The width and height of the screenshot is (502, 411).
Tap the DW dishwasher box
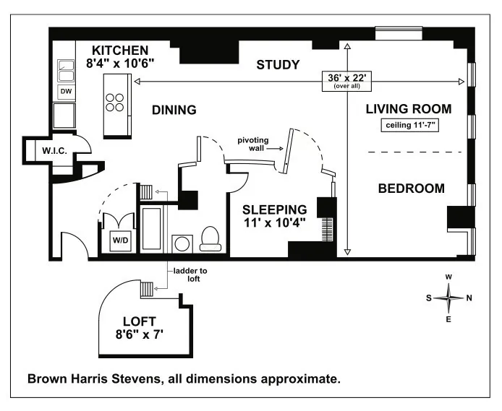[x=65, y=92]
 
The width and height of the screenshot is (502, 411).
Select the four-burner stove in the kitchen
[x=115, y=101]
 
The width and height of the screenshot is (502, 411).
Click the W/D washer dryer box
[x=118, y=241]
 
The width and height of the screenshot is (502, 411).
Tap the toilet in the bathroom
[x=210, y=238]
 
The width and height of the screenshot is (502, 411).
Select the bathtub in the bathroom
[x=153, y=230]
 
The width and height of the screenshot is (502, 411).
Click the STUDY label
[x=278, y=65]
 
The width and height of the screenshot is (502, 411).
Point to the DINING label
[x=174, y=111]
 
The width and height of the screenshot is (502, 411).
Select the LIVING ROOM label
[x=408, y=109]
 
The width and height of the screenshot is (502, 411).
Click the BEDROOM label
[x=411, y=189]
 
